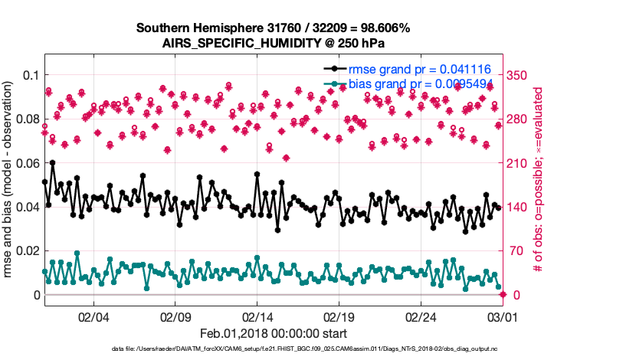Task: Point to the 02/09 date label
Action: pyautogui.click(x=175, y=316)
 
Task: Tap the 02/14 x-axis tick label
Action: pyautogui.click(x=257, y=316)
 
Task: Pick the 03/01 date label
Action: pyautogui.click(x=503, y=316)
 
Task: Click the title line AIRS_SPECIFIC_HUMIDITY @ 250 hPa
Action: pyautogui.click(x=274, y=43)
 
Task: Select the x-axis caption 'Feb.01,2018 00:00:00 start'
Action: pyautogui.click(x=274, y=333)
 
